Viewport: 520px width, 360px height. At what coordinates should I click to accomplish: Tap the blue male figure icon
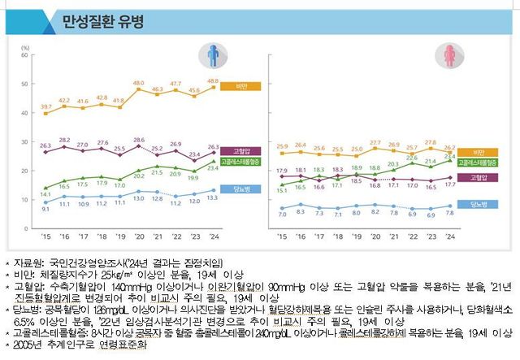coord(211,57)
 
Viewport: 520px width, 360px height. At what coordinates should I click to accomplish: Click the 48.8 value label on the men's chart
coord(214,80)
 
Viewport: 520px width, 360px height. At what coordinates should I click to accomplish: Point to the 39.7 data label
coord(46,106)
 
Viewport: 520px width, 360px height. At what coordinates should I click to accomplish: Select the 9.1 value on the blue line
coord(46,210)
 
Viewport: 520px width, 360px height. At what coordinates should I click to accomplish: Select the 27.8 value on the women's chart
coord(431,143)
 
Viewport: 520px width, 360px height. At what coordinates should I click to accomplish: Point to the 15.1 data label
coord(282,190)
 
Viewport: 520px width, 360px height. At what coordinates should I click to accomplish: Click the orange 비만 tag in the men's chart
coord(241,85)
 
